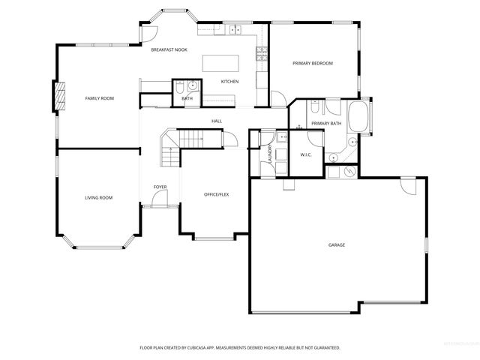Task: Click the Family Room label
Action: [99, 98]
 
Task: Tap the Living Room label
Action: [98, 197]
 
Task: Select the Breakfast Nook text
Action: [169, 49]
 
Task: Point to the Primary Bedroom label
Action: [313, 63]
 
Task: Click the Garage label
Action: [336, 244]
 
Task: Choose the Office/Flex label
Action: [216, 194]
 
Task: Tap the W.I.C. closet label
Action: [306, 154]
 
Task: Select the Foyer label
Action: [160, 187]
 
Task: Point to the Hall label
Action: [217, 121]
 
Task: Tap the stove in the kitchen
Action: [262, 53]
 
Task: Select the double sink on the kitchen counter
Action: [235, 30]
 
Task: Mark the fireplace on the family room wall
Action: [54, 97]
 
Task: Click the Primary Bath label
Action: [326, 123]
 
